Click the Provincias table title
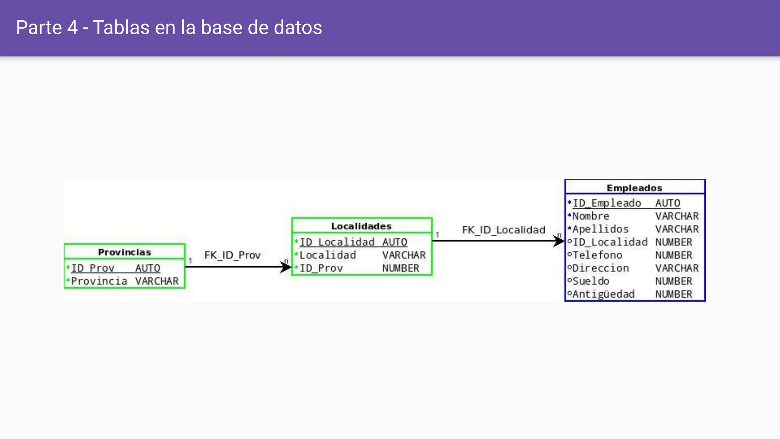(124, 252)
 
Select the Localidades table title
(361, 226)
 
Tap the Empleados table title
(634, 188)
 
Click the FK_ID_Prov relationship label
(232, 255)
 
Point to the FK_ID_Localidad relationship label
(503, 230)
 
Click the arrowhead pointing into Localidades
(286, 267)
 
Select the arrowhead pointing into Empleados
(559, 241)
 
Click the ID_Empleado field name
(607, 203)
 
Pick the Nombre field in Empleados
(591, 216)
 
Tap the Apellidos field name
(600, 229)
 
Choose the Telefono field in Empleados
(597, 255)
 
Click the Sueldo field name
(591, 281)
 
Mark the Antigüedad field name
(603, 294)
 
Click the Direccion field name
(600, 268)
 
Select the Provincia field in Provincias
(99, 281)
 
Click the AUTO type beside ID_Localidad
(395, 242)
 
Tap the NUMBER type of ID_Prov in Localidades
(401, 268)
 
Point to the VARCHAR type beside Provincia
(157, 281)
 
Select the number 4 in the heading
(72, 27)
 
